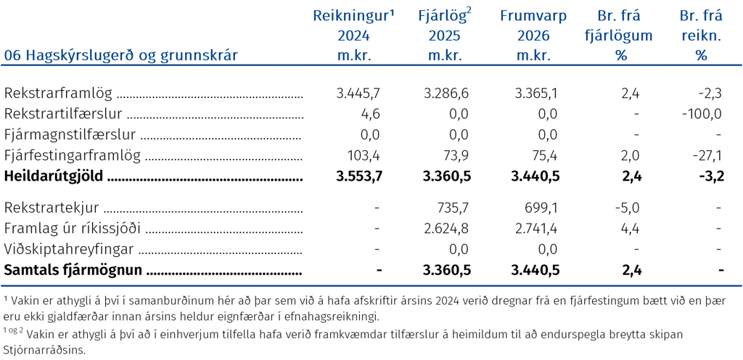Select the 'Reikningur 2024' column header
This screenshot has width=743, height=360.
point(353,36)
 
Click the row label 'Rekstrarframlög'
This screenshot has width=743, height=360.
point(58,94)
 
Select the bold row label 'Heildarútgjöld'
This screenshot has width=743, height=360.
point(54,176)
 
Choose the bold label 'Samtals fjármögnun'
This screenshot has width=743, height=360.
point(73,271)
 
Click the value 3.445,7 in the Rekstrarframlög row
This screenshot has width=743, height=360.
point(358,94)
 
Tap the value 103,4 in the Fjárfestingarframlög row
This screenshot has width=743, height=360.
point(364,155)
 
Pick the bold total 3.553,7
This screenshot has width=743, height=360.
point(358,176)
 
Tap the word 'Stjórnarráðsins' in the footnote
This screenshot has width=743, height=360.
point(46,351)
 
